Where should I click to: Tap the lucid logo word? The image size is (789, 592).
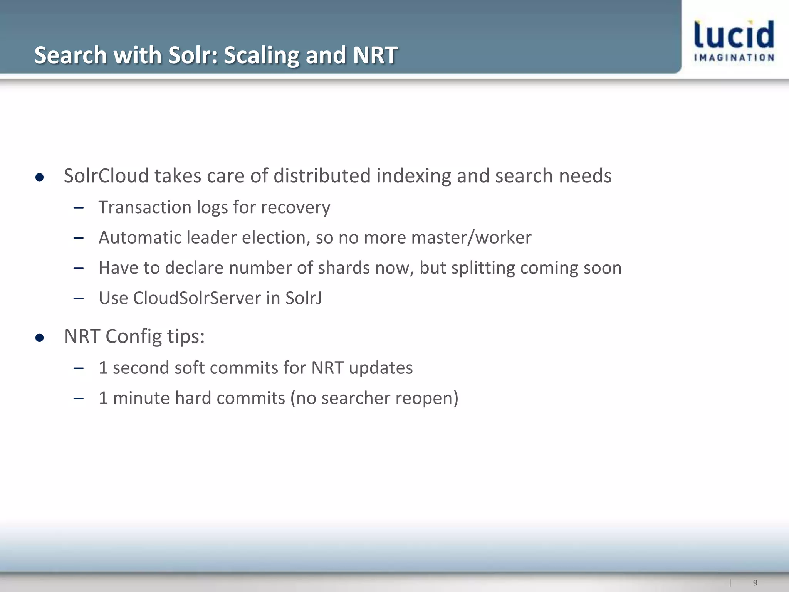734,35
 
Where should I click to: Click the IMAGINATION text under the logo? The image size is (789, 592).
734,58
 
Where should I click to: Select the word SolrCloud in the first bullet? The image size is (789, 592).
106,176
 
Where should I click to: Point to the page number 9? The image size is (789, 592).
755,583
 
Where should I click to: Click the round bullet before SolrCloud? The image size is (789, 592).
39,177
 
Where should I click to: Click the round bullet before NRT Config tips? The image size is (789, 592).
39,338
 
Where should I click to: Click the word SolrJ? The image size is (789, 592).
303,298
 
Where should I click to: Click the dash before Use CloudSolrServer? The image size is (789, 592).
79,298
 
